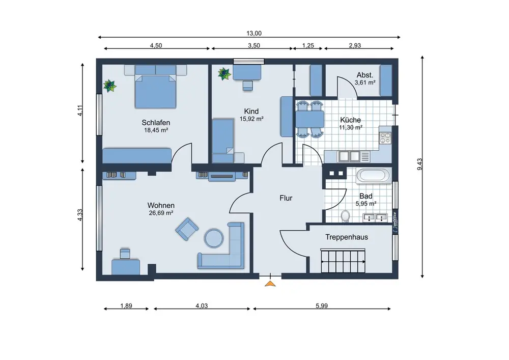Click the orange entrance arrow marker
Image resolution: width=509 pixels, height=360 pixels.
pos(270,284)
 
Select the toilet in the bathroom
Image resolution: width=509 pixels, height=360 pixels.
pos(345,216)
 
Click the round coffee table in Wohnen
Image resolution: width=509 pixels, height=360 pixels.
pos(214,239)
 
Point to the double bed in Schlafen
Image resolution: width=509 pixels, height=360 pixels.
pos(156,87)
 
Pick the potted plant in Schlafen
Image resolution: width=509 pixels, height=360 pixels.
pos(110,86)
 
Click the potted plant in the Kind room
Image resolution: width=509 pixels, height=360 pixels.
pos(224,74)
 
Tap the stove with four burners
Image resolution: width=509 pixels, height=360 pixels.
pos(385,137)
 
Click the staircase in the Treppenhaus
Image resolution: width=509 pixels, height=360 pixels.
pos(343,261)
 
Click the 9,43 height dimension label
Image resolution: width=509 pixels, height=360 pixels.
pos(420,164)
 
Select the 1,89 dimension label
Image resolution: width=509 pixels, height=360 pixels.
pos(126,306)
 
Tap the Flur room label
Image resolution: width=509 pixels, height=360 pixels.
pos(286,198)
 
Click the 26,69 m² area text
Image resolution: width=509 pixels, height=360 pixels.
pos(161,213)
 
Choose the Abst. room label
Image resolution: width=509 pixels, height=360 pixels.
pos(365,75)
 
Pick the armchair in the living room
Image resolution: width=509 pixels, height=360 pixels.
pos(187,229)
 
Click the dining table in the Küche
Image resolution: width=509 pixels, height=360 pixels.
pos(309,119)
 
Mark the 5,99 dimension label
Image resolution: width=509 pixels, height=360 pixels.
pos(322,306)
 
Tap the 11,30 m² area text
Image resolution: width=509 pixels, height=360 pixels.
pos(351,128)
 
